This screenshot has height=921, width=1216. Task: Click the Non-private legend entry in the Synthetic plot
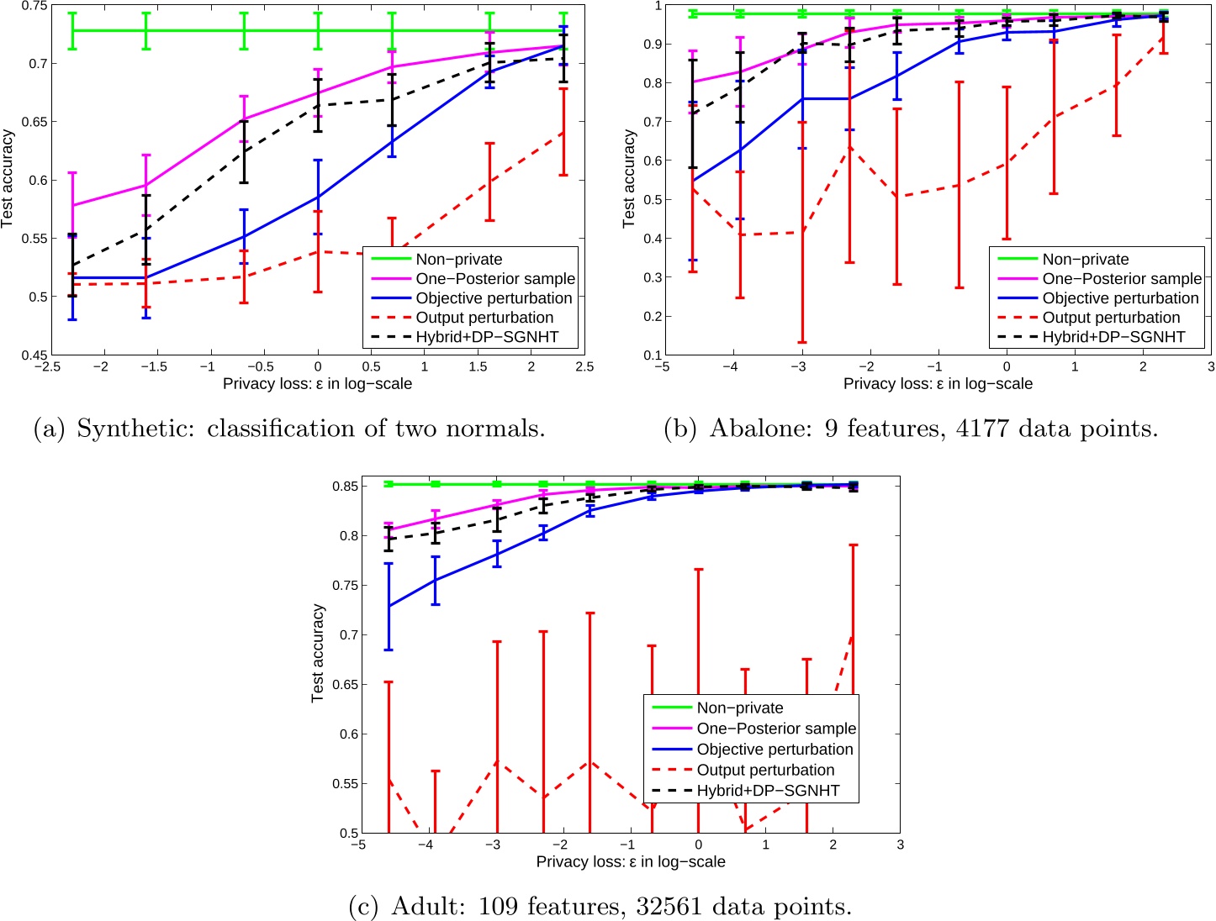458,260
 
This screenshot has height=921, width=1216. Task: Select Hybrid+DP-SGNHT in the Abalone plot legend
1113,337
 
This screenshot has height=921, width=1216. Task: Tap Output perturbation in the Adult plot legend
765,770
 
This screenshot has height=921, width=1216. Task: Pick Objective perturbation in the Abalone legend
1120,298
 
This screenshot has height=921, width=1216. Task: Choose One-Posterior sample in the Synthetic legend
495,279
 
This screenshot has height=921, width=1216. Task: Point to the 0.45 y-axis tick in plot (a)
34,355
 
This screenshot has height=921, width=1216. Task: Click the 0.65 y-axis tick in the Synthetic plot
34,122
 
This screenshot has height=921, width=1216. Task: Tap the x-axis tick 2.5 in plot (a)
584,367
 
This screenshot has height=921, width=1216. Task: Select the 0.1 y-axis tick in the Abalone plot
652,355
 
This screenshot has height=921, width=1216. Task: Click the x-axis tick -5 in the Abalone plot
663,367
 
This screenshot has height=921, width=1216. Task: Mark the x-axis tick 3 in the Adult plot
900,845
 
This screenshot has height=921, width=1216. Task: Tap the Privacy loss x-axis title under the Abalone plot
938,384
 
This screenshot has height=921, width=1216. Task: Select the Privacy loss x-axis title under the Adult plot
630,862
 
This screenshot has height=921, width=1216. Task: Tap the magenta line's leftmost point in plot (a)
72,206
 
